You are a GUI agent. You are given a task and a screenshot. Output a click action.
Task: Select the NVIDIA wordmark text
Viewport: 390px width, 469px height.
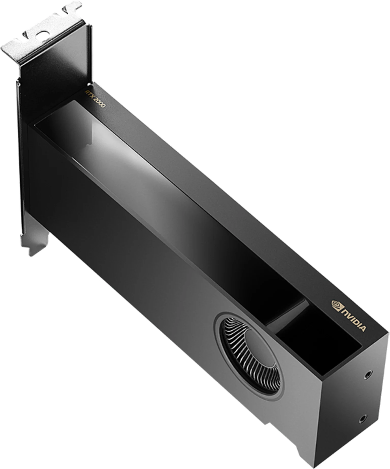[x=355, y=319]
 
